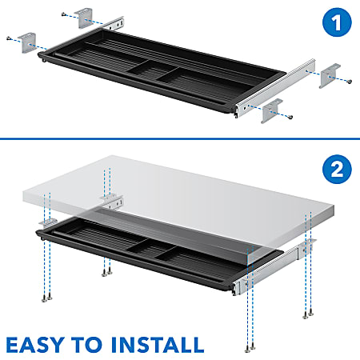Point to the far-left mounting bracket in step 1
tap(30, 41)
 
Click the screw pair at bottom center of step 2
tap(105, 273)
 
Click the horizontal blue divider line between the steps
tap(180, 139)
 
